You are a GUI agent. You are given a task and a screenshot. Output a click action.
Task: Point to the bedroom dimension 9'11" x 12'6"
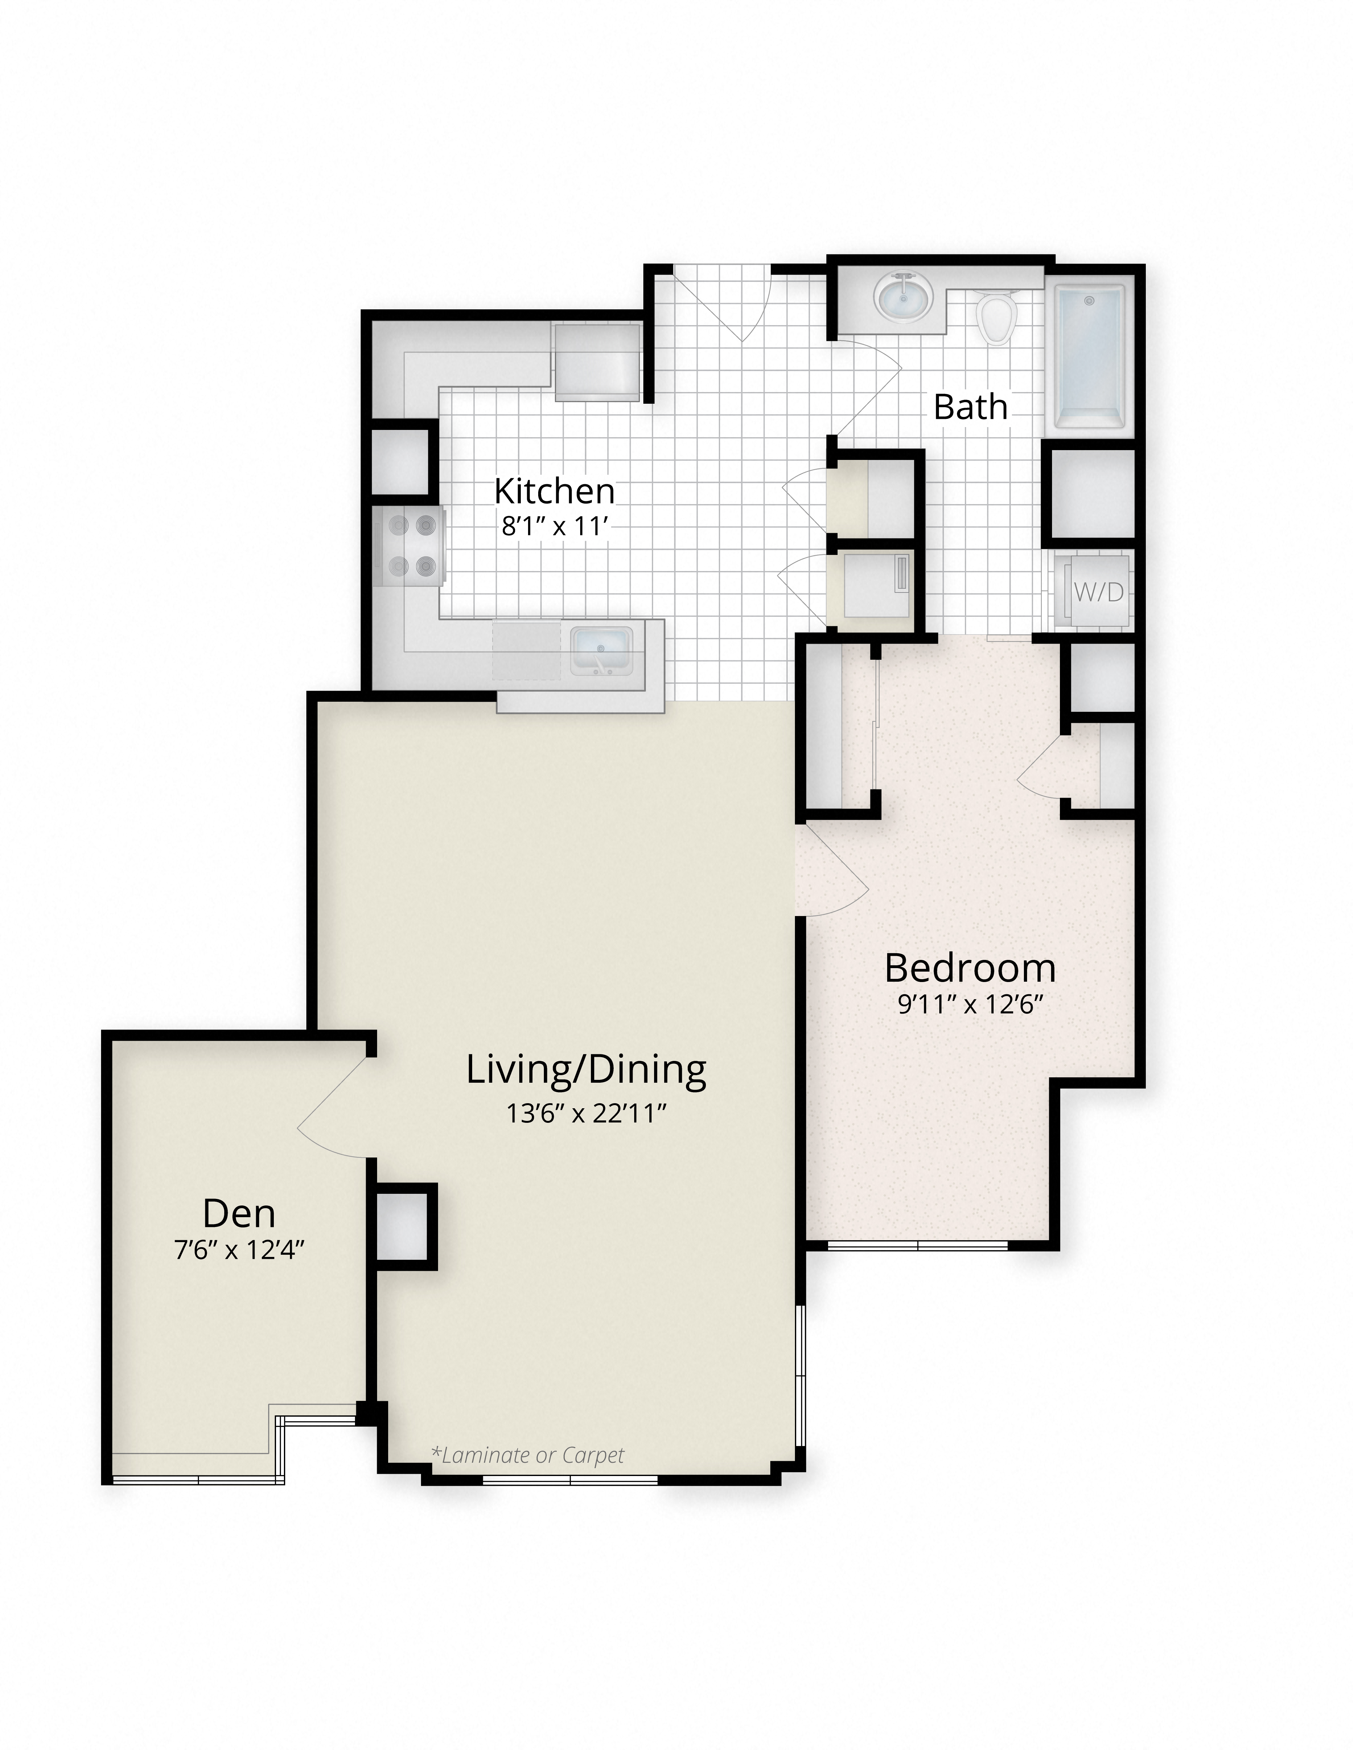970,1004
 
